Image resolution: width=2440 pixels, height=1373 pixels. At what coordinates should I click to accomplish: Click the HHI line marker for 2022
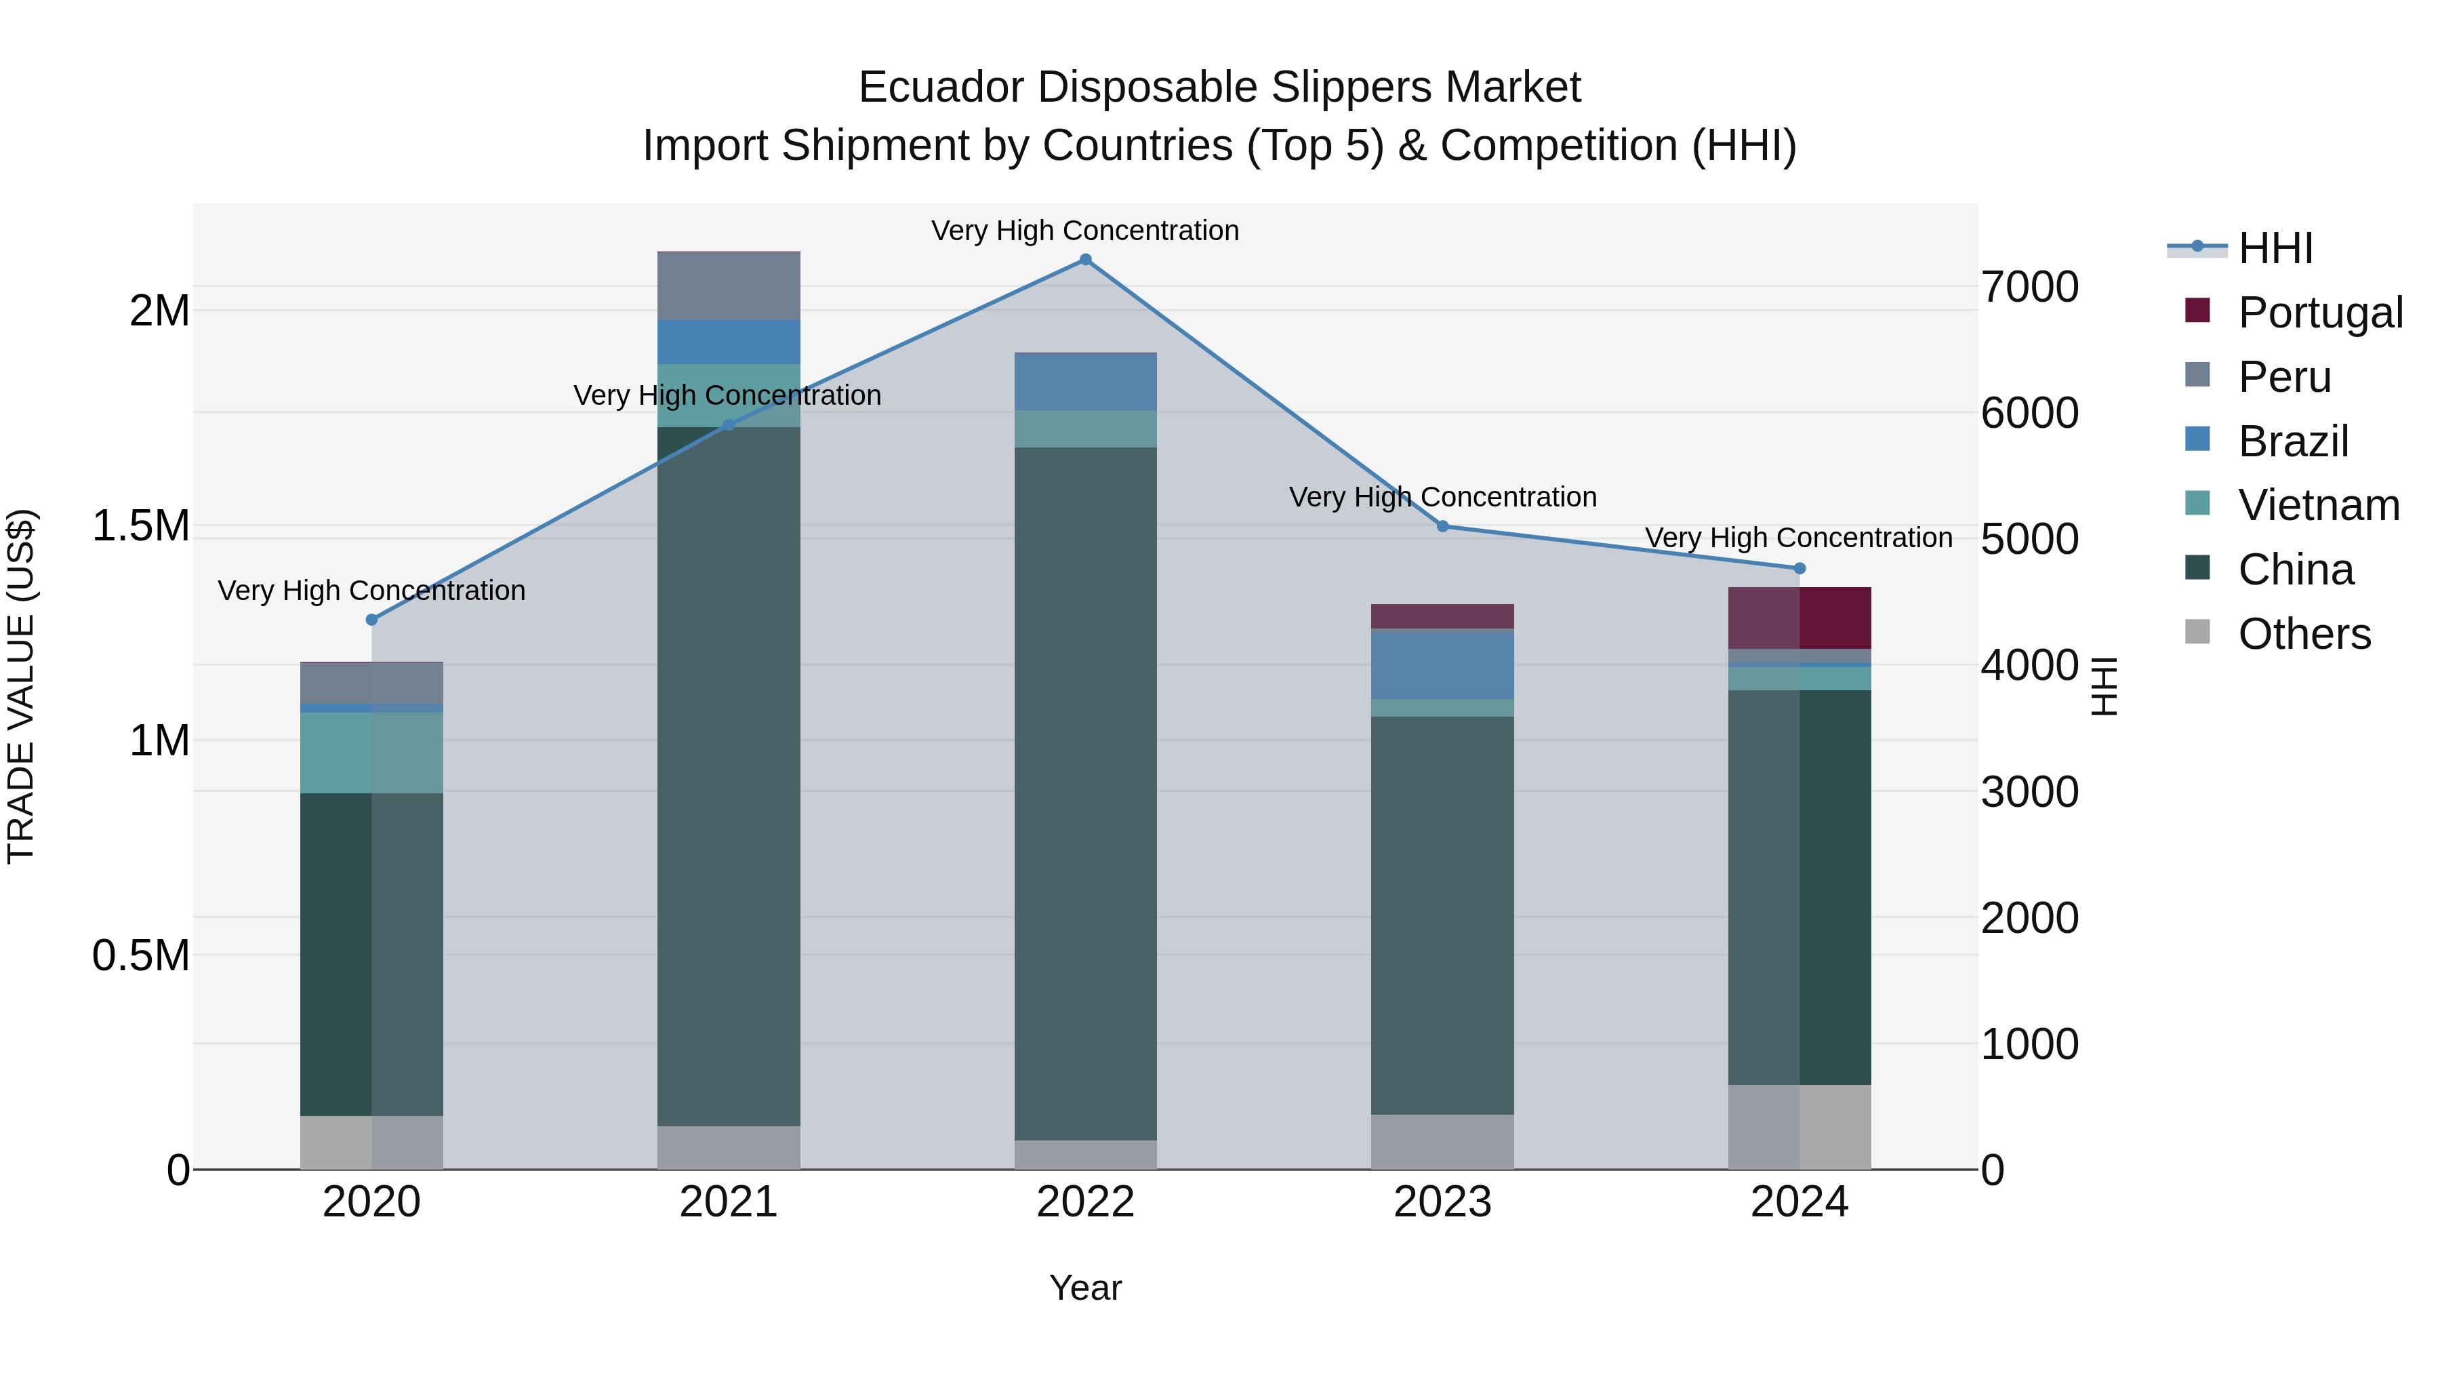click(x=1086, y=260)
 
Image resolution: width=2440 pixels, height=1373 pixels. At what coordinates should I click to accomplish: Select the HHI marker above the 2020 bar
click(x=371, y=620)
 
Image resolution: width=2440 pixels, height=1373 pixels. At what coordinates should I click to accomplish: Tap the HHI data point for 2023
click(x=1442, y=526)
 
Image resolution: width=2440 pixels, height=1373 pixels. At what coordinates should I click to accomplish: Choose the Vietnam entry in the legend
click(x=2318, y=505)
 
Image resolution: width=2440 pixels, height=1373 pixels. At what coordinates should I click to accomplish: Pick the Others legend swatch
click(x=2197, y=632)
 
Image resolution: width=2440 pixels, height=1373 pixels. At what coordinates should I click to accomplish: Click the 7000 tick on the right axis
click(x=2030, y=286)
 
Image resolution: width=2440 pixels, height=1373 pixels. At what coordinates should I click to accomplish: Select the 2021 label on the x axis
click(x=729, y=1202)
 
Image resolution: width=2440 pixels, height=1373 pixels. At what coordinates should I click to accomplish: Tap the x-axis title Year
click(x=1086, y=1288)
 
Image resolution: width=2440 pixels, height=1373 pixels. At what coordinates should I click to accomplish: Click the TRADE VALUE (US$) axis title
click(x=21, y=686)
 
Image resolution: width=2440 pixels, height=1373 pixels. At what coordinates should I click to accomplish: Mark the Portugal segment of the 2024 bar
click(x=1799, y=618)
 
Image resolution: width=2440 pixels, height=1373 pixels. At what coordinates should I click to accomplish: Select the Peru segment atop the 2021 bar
click(x=729, y=286)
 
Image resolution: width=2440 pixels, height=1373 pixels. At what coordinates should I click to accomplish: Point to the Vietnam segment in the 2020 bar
click(x=371, y=753)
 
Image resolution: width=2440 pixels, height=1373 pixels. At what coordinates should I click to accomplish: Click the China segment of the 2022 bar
click(x=1086, y=793)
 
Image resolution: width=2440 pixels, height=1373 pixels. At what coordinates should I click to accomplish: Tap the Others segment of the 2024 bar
click(x=1799, y=1127)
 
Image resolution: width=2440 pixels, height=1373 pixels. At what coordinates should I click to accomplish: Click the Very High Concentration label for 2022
click(x=1086, y=231)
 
